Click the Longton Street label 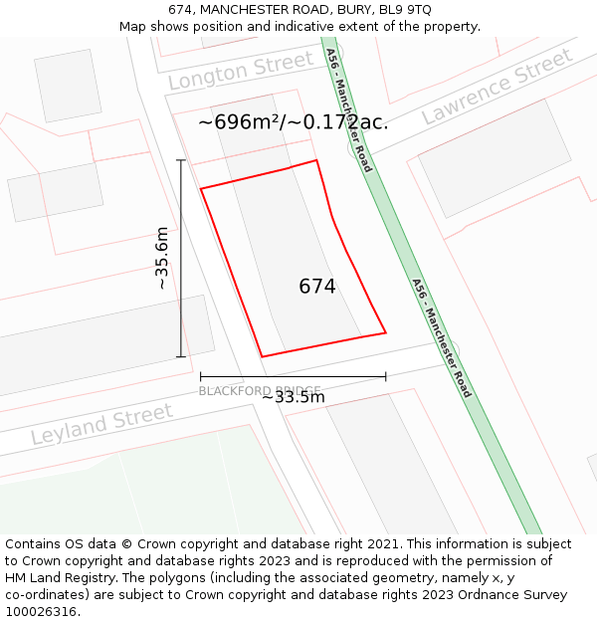tap(240, 72)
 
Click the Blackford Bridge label tap(259, 390)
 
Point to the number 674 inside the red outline tap(317, 287)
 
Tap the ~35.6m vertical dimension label tap(161, 258)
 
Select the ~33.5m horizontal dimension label tap(294, 397)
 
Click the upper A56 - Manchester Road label tap(349, 109)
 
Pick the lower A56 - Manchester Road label tap(442, 337)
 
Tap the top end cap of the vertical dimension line tap(181, 160)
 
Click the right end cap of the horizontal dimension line tap(385, 377)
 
